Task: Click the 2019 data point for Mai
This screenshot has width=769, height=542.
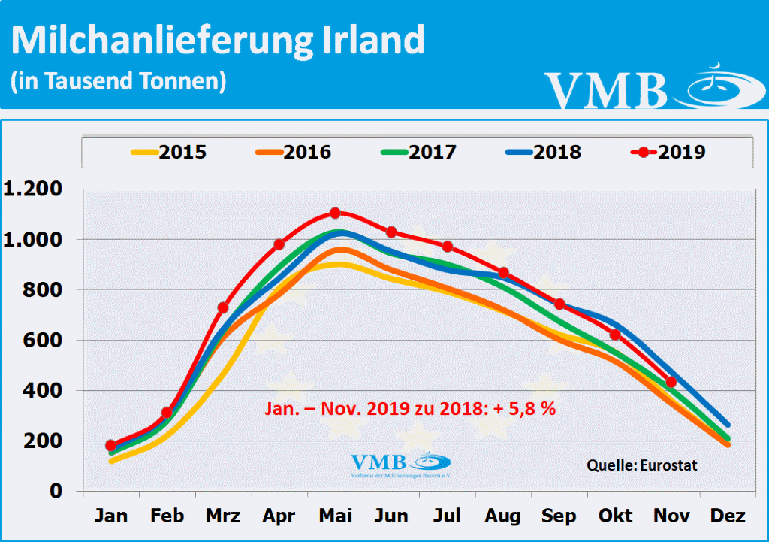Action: pyautogui.click(x=335, y=213)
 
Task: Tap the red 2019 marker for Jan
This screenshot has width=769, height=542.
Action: pyautogui.click(x=111, y=445)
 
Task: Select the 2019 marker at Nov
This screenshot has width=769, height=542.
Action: pyautogui.click(x=671, y=382)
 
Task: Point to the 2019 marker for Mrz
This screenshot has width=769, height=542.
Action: pyautogui.click(x=223, y=307)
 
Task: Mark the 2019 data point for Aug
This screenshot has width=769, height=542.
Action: pyautogui.click(x=503, y=273)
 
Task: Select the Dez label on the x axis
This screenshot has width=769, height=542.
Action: pyautogui.click(x=727, y=516)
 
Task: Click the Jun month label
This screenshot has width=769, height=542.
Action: pyautogui.click(x=391, y=516)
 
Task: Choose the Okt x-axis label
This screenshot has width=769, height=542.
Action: pyautogui.click(x=615, y=516)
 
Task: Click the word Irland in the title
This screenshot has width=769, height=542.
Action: pyautogui.click(x=370, y=41)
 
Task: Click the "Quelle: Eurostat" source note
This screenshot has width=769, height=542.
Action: pyautogui.click(x=642, y=465)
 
